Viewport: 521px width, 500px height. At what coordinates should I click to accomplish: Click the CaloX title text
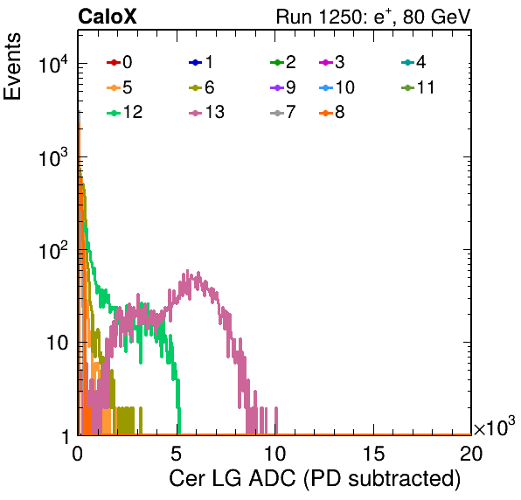[108, 17]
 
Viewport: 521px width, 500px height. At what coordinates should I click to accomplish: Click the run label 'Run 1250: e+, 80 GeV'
[373, 17]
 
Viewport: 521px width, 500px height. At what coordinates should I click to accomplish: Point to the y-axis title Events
[12, 66]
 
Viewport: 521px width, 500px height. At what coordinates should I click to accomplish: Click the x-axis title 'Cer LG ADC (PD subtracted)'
[315, 479]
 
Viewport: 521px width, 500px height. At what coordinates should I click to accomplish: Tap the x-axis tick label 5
[176, 453]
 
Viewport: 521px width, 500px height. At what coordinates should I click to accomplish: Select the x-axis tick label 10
[274, 453]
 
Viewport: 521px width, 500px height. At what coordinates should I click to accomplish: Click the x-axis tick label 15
[373, 453]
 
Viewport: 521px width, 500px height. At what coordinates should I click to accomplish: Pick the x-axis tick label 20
[471, 453]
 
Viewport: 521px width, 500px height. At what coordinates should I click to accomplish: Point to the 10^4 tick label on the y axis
[53, 64]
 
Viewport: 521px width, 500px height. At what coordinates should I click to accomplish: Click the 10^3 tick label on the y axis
[53, 157]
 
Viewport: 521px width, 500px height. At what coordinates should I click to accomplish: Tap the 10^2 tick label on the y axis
[53, 250]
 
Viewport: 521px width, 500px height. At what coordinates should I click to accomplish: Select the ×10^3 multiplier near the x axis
[495, 427]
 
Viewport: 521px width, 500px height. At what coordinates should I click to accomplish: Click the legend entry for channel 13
[206, 112]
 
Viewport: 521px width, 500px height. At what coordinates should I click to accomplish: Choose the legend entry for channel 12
[125, 112]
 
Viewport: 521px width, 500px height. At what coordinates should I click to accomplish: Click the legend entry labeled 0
[119, 62]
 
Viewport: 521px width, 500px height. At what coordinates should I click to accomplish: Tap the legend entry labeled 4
[413, 62]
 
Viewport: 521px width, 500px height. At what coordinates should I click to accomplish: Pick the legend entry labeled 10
[337, 87]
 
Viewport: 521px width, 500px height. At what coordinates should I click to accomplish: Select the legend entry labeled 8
[331, 112]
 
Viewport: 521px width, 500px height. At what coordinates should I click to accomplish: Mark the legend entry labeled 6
[201, 87]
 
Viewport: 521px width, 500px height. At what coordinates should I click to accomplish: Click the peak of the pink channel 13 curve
[187, 270]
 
